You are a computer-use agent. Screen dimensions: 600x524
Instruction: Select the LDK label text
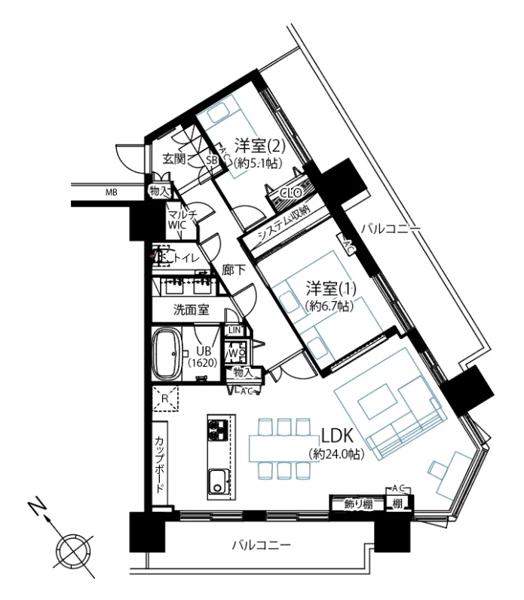coord(336,436)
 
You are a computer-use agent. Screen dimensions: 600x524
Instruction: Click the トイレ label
coord(185,259)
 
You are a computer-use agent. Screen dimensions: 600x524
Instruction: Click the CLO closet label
coord(291,192)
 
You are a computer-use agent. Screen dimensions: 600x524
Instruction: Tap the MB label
coord(112,192)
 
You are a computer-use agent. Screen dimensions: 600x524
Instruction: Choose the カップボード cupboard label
coord(160,464)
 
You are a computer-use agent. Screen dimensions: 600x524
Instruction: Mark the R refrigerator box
coord(164,397)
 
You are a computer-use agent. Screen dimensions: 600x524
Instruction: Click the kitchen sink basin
coord(217,480)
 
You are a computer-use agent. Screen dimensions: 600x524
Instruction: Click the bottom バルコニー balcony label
coord(261,544)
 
